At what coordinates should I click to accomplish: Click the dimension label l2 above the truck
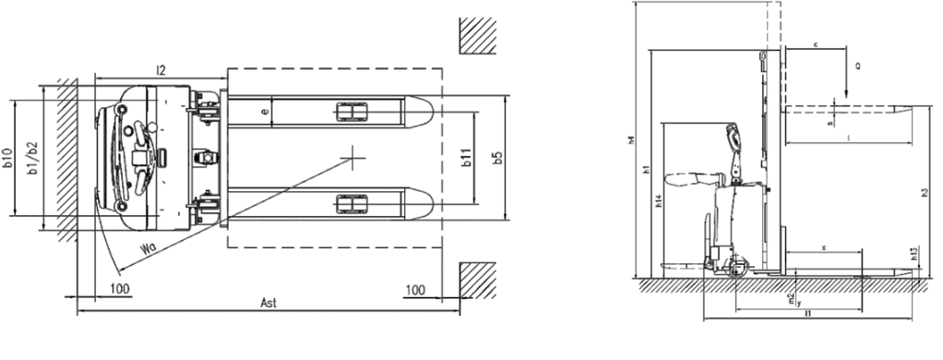[161, 69]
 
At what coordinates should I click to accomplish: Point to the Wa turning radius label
[149, 248]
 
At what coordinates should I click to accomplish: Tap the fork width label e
[266, 112]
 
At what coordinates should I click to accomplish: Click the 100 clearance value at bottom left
[120, 289]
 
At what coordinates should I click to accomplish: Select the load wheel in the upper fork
[350, 112]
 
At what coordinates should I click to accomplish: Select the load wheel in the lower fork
[350, 202]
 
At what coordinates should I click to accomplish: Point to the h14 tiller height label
[658, 202]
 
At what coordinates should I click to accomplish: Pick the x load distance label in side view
[823, 246]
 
